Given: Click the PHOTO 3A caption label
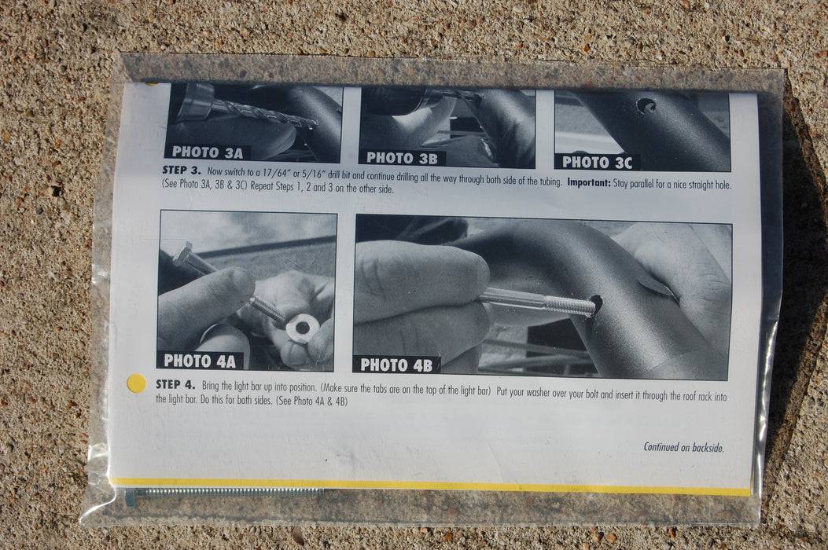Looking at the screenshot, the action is [x=207, y=152].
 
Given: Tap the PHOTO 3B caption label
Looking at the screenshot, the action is [x=402, y=158].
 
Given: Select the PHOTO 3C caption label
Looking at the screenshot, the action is [x=597, y=162].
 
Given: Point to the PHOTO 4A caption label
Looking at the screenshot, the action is [x=200, y=361].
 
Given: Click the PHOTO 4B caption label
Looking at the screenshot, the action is [x=396, y=365].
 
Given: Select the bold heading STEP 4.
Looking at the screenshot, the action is [x=175, y=384].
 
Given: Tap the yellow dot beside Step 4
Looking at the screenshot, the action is [x=137, y=383].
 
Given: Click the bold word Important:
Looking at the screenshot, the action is [x=589, y=182].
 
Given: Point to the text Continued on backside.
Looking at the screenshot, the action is [x=683, y=448].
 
